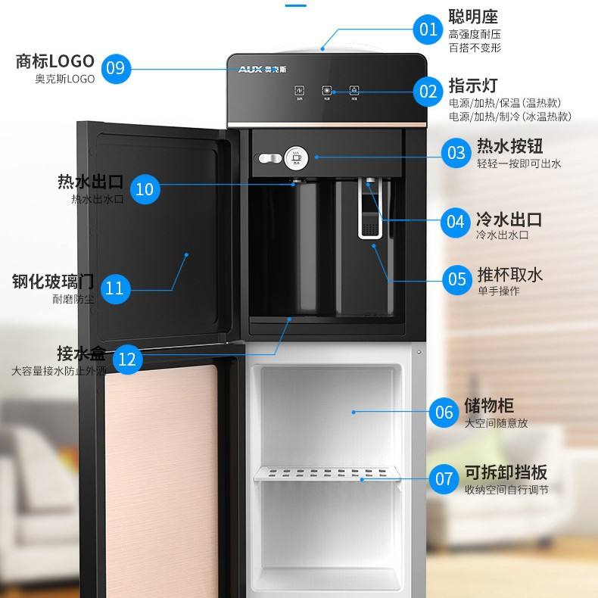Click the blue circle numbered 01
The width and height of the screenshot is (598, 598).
coord(429,30)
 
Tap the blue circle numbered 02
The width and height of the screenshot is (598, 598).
coord(429,92)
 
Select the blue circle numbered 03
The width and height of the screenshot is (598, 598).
coord(456,154)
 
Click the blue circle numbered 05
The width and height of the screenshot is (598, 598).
coord(457,279)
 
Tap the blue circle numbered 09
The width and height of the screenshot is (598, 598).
coord(115,68)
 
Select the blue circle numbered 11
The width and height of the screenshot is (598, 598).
coord(114,288)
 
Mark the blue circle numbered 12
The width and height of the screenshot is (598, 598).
coord(127,359)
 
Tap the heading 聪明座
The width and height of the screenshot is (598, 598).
coord(474,16)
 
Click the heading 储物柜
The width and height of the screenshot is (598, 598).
coord(489,406)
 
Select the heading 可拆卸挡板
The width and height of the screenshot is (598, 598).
coord(506,472)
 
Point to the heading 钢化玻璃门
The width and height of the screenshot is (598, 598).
coord(53,282)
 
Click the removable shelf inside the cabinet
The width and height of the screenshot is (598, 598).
coord(327,475)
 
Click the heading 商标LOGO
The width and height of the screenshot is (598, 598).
coord(55,61)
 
